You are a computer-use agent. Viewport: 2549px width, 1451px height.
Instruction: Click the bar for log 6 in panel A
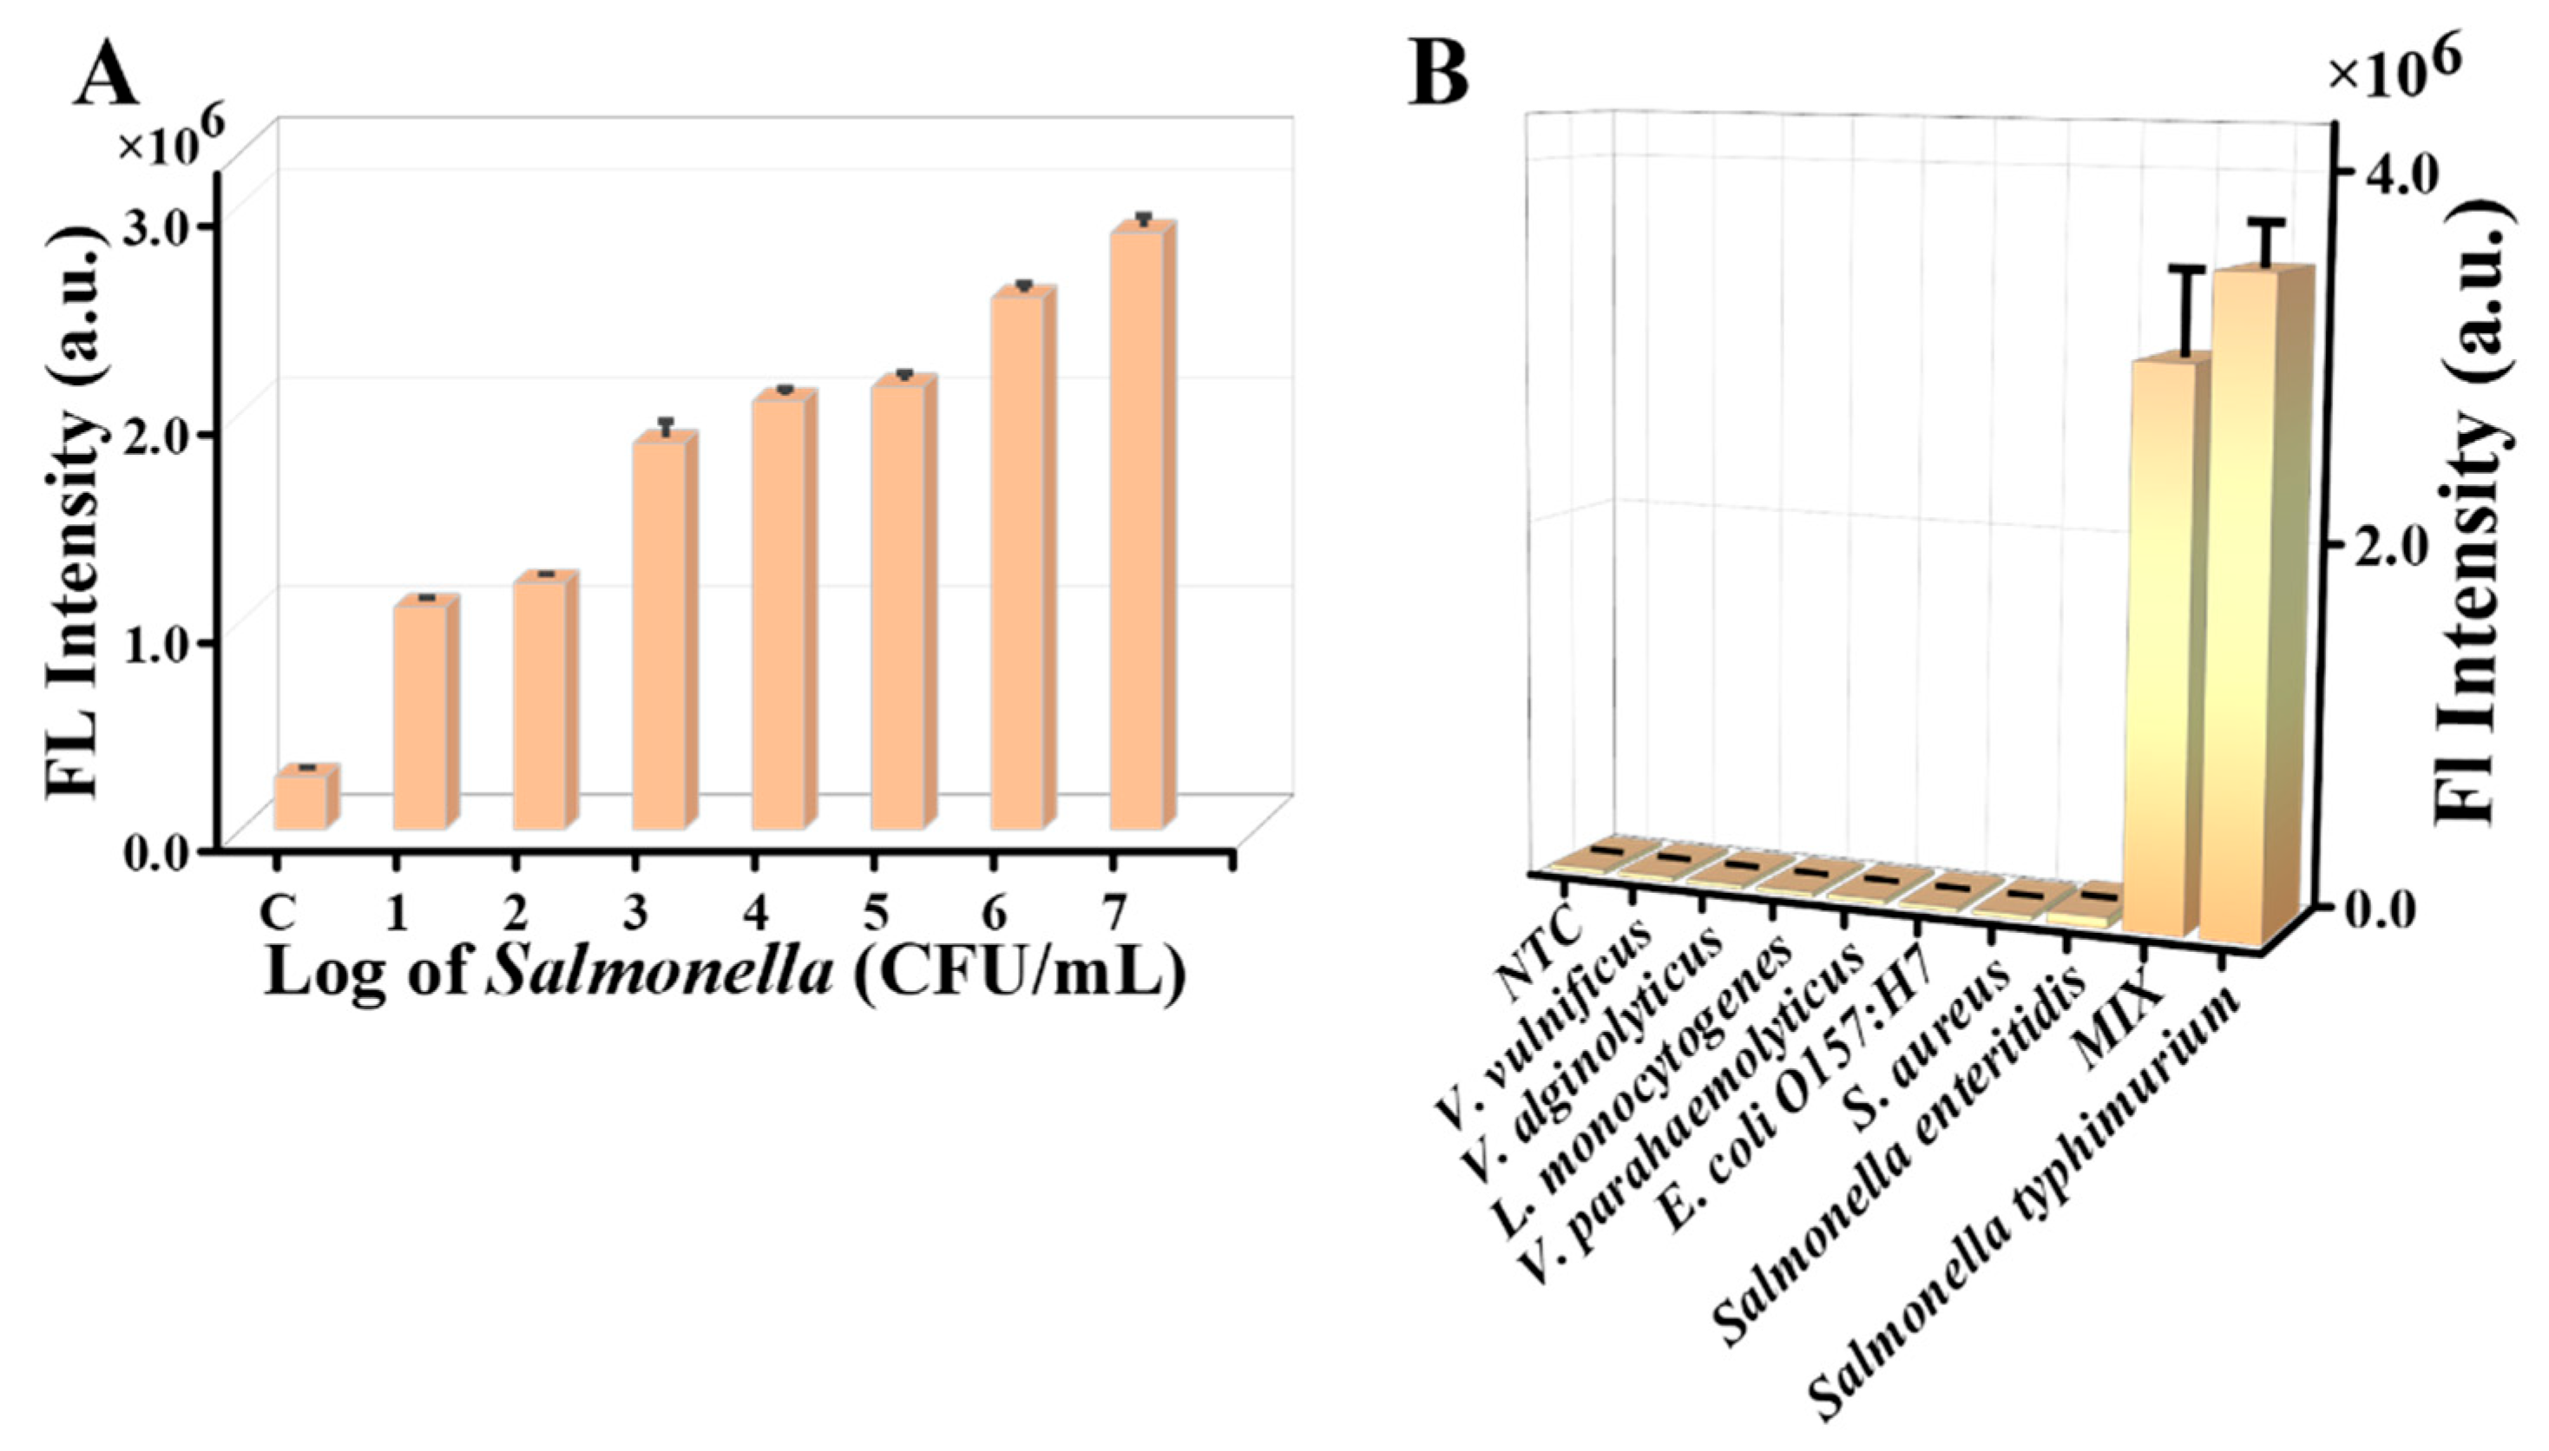(1016, 563)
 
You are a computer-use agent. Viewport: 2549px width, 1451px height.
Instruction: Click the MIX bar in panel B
(2159, 647)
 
